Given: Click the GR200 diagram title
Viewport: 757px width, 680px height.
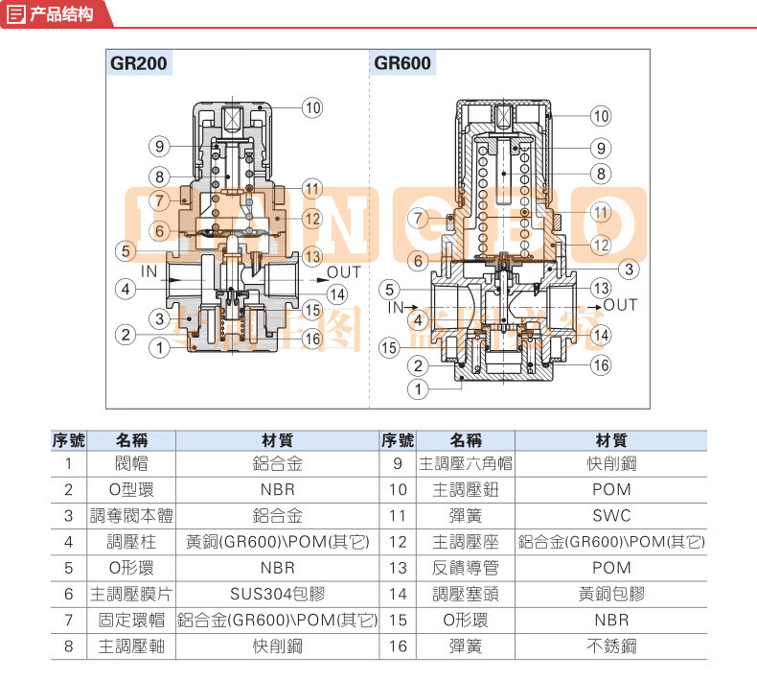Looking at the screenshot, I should (139, 64).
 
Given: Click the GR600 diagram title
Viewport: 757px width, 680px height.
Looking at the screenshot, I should (402, 64).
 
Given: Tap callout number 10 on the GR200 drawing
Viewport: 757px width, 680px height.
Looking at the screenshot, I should (312, 107).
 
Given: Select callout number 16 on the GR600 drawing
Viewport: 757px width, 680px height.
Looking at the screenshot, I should (600, 364).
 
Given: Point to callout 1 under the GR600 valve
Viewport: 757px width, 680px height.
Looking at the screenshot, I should (417, 389).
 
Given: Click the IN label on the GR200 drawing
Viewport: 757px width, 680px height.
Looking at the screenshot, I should (149, 271).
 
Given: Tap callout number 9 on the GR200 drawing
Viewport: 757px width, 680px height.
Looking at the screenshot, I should (159, 147).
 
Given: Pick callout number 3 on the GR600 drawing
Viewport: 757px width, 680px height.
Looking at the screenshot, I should (628, 269).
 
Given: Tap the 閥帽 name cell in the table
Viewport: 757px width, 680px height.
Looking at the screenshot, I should (128, 464).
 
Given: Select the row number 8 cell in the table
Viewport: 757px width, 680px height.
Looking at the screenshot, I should (68, 646).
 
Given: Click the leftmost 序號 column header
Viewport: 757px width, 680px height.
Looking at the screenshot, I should (68, 439).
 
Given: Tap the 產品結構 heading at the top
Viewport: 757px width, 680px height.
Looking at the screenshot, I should (61, 14).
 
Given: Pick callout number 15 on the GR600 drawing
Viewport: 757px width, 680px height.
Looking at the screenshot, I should (388, 346).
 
